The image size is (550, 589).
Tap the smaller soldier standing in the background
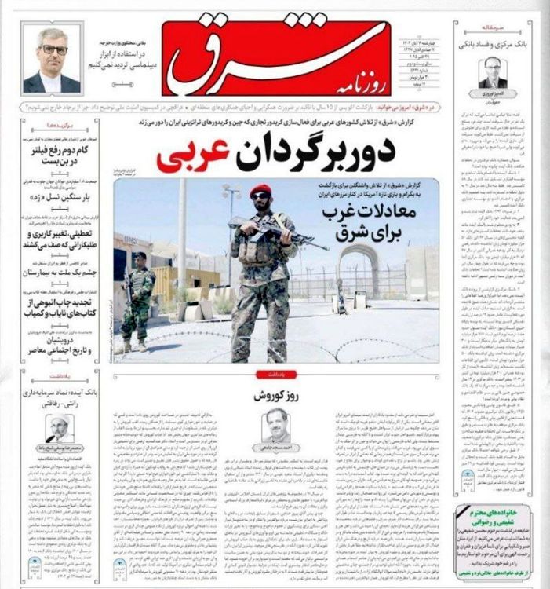coord(140,298)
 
